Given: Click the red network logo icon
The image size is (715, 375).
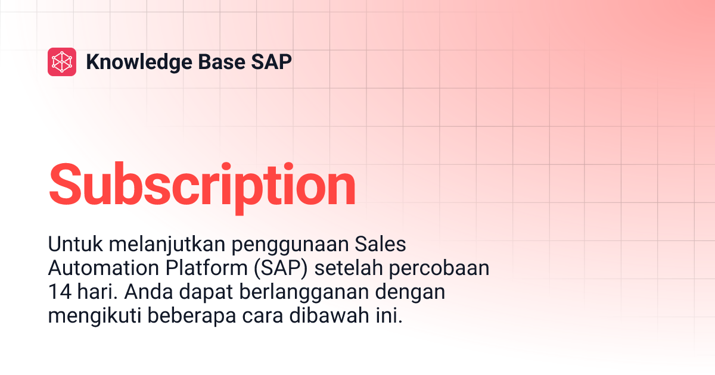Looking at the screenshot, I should tap(62, 62).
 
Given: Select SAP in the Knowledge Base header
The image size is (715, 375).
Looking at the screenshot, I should tap(272, 62).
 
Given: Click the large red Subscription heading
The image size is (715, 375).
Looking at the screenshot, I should tap(202, 185).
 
